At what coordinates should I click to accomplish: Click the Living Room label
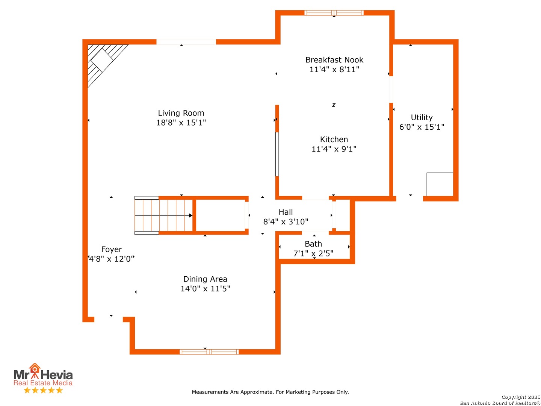(x=181, y=113)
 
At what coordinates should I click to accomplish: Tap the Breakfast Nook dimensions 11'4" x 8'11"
(x=334, y=69)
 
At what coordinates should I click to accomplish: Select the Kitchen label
(x=334, y=139)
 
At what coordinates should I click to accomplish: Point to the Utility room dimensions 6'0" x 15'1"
(x=422, y=127)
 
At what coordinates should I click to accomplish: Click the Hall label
(x=286, y=212)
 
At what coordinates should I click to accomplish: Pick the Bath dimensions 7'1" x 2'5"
(x=313, y=253)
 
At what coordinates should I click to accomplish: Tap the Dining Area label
(x=205, y=279)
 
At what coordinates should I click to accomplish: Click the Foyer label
(x=112, y=249)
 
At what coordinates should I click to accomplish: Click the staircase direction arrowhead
(x=190, y=215)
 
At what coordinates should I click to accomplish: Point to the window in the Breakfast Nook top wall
(x=334, y=12)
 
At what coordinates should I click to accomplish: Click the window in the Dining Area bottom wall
(x=209, y=352)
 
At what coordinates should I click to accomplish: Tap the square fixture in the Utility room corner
(x=440, y=184)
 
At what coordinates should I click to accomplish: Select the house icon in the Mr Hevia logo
(x=35, y=368)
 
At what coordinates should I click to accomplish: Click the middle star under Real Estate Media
(x=43, y=390)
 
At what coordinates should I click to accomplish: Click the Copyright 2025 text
(x=521, y=397)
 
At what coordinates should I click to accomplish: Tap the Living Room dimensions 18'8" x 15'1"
(x=181, y=123)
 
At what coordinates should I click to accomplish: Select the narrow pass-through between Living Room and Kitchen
(x=277, y=154)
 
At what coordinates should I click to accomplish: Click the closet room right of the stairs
(x=220, y=215)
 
